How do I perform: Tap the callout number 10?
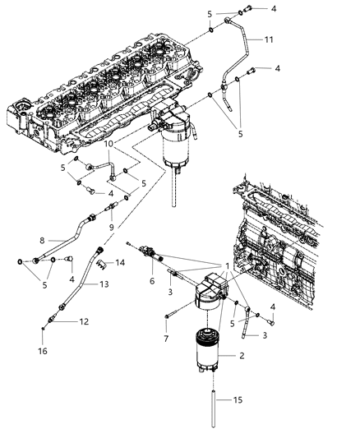(x=108, y=144)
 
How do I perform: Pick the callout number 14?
(x=120, y=263)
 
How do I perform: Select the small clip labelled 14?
(x=99, y=265)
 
